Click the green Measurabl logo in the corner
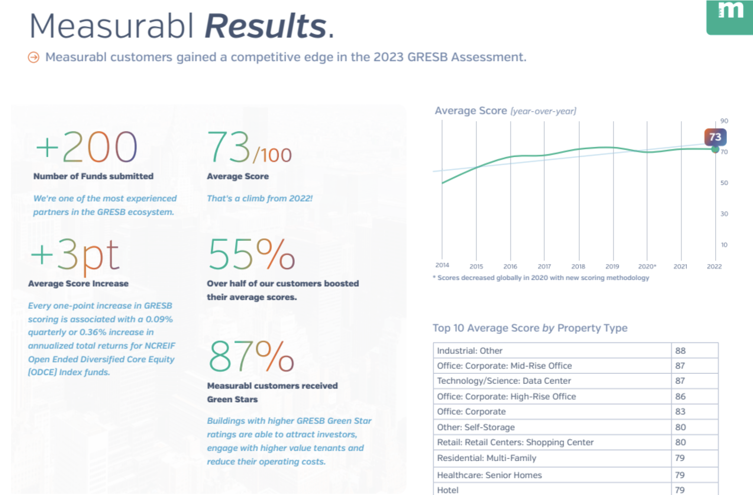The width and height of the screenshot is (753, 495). (730, 16)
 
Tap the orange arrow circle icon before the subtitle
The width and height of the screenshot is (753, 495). (33, 57)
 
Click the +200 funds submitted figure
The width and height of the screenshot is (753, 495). (87, 147)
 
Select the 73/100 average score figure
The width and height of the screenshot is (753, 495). (249, 148)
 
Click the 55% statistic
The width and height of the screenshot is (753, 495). (252, 255)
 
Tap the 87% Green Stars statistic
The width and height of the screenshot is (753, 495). (252, 357)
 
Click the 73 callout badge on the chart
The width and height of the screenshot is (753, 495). (715, 137)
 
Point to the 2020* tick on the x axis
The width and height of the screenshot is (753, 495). (647, 266)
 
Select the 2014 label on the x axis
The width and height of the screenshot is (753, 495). (442, 265)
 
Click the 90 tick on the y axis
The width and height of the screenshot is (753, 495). (724, 121)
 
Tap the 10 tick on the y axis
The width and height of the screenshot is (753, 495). (724, 245)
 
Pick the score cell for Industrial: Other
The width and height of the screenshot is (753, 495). (680, 350)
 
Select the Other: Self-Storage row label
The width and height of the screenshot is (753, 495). (476, 427)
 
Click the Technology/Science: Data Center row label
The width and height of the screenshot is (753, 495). (504, 381)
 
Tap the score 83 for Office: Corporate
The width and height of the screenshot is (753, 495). (680, 411)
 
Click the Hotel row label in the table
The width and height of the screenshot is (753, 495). (447, 490)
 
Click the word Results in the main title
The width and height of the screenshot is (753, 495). (265, 26)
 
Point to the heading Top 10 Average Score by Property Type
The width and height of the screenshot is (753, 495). (530, 328)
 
